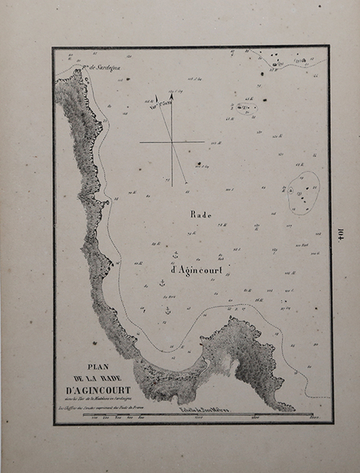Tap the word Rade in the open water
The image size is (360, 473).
point(201,214)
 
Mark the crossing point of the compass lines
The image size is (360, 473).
point(171,142)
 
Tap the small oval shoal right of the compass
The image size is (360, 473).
point(244,107)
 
